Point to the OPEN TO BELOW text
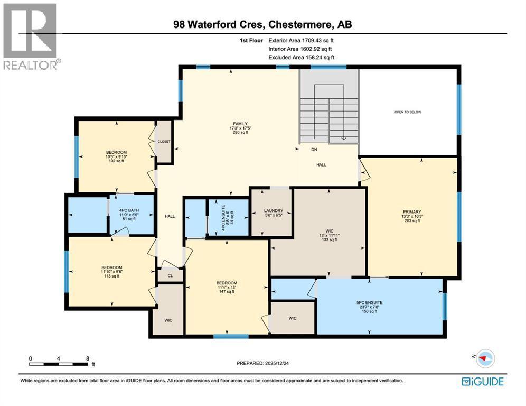point(408,112)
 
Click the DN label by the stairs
point(314,150)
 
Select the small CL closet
point(170,275)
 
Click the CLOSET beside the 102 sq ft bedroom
point(164,142)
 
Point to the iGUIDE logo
point(482,381)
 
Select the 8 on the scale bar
point(87,358)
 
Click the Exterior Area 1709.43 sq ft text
point(301,40)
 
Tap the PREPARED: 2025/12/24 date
point(262,363)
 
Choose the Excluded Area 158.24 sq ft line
point(301,57)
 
